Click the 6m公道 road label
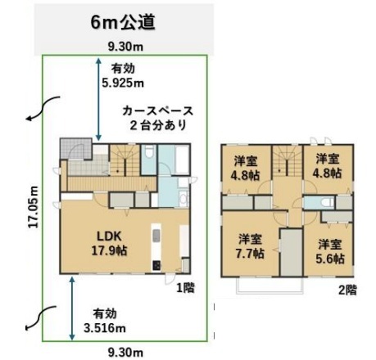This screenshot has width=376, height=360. click(123, 22)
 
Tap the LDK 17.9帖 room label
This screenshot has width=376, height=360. click(109, 243)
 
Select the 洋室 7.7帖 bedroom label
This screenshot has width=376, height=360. click(250, 246)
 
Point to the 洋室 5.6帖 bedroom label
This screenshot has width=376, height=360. click(330, 251)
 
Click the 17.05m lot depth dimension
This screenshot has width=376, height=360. click(34, 207)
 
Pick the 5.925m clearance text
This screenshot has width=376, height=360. click(123, 83)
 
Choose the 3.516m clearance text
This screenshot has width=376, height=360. click(105, 328)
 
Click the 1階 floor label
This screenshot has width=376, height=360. click(185, 287)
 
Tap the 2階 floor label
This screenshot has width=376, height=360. click(347, 290)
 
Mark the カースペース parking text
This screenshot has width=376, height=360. click(158, 111)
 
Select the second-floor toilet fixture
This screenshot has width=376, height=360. click(327, 203)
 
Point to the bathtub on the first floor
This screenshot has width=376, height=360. click(182, 160)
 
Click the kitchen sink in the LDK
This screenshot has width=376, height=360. click(156, 236)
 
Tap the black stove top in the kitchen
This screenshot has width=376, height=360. click(156, 266)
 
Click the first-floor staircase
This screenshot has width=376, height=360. click(125, 160)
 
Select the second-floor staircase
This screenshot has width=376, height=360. click(287, 160)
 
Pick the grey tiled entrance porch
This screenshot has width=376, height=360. click(75, 149)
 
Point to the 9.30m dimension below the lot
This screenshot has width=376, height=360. click(125, 353)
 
